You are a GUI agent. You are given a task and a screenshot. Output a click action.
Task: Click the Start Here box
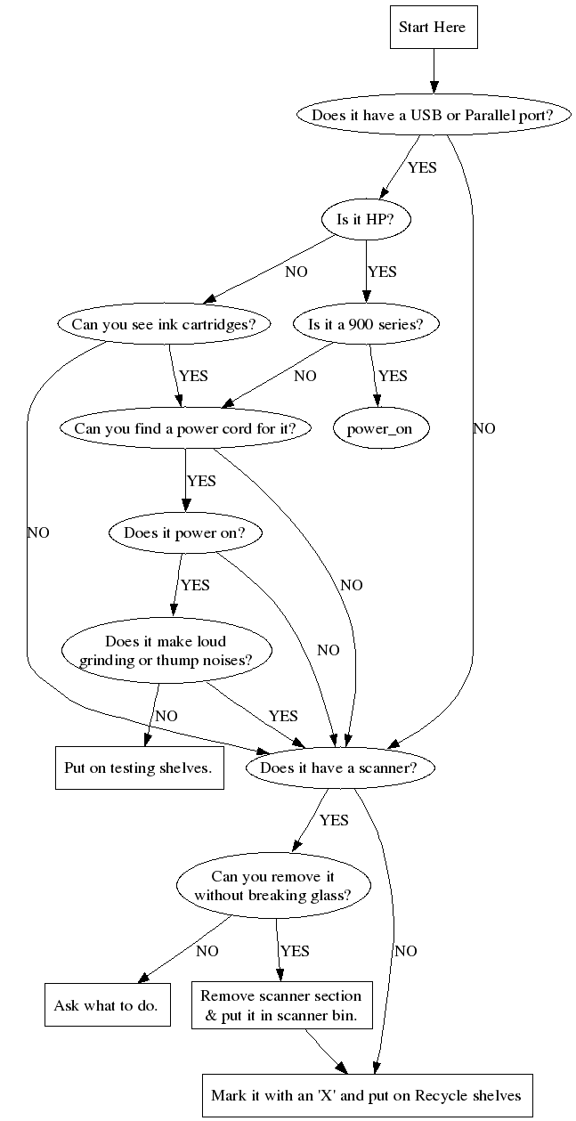pyautogui.click(x=432, y=28)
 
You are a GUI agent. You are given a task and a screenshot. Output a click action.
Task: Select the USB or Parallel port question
pyautogui.click(x=433, y=115)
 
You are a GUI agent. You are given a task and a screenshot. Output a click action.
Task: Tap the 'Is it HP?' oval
pyautogui.click(x=366, y=219)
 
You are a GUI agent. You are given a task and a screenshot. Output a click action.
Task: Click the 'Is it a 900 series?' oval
pyautogui.click(x=372, y=324)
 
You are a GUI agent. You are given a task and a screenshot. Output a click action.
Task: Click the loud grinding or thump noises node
pyautogui.click(x=166, y=651)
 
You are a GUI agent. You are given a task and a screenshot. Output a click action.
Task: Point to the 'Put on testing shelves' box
pyautogui.click(x=138, y=768)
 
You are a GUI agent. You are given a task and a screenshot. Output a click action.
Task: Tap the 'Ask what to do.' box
pyautogui.click(x=106, y=1005)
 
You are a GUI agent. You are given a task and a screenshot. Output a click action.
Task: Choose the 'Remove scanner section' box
pyautogui.click(x=281, y=1005)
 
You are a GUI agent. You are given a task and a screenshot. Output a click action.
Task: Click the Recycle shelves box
pyautogui.click(x=366, y=1095)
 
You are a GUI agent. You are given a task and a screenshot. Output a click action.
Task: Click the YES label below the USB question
pyautogui.click(x=422, y=167)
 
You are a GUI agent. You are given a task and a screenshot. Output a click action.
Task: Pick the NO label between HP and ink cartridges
pyautogui.click(x=296, y=272)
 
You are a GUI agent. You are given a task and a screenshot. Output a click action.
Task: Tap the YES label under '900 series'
pyautogui.click(x=392, y=376)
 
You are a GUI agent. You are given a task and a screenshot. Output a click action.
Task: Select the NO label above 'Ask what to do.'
pyautogui.click(x=207, y=951)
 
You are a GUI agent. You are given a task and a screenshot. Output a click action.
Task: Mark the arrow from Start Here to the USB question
pyautogui.click(x=433, y=70)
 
